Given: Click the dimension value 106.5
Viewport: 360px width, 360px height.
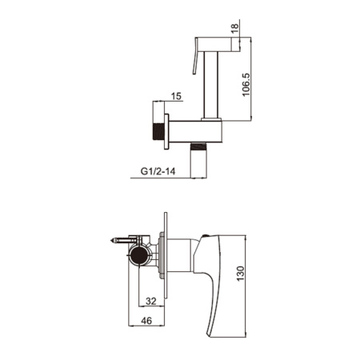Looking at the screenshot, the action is pos(246,85).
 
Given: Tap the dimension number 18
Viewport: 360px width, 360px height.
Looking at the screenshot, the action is pos(234,28).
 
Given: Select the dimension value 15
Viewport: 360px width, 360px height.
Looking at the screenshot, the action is pos(176,96).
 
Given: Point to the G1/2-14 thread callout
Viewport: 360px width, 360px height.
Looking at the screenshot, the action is pos(158,171).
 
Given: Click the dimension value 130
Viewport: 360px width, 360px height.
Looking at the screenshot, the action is pos(240,274).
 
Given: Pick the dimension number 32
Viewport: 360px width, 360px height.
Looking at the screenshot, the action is pos(151,301).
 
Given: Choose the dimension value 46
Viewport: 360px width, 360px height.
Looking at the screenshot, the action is pos(146,321).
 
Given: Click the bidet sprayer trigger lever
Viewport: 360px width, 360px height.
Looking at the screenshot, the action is pos(195,56).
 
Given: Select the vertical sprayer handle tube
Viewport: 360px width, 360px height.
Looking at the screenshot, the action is pos(211,85).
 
